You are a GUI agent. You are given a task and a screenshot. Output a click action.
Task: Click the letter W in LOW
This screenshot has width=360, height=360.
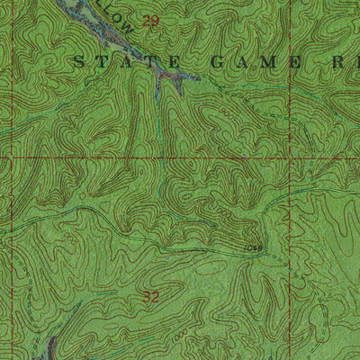coord(128,27)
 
